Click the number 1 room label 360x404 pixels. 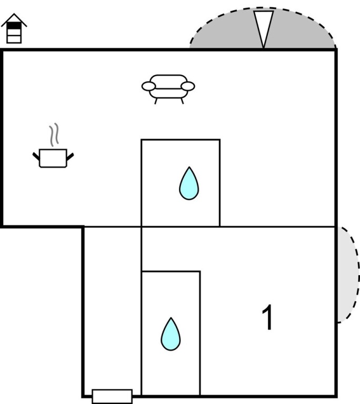tap(268, 318)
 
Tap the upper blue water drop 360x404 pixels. tap(188, 184)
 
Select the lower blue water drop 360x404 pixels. tap(171, 334)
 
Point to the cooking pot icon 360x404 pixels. tap(53, 158)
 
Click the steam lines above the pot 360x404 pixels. tap(53, 136)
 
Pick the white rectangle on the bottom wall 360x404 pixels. tap(112, 396)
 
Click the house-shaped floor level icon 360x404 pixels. tap(14, 28)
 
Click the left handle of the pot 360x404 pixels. tap(36, 155)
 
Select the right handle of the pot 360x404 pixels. tap(70, 155)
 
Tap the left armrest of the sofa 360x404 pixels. tap(148, 86)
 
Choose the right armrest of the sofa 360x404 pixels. tap(188, 86)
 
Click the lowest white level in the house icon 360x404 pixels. tap(14, 38)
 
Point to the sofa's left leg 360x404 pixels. tap(156, 101)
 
